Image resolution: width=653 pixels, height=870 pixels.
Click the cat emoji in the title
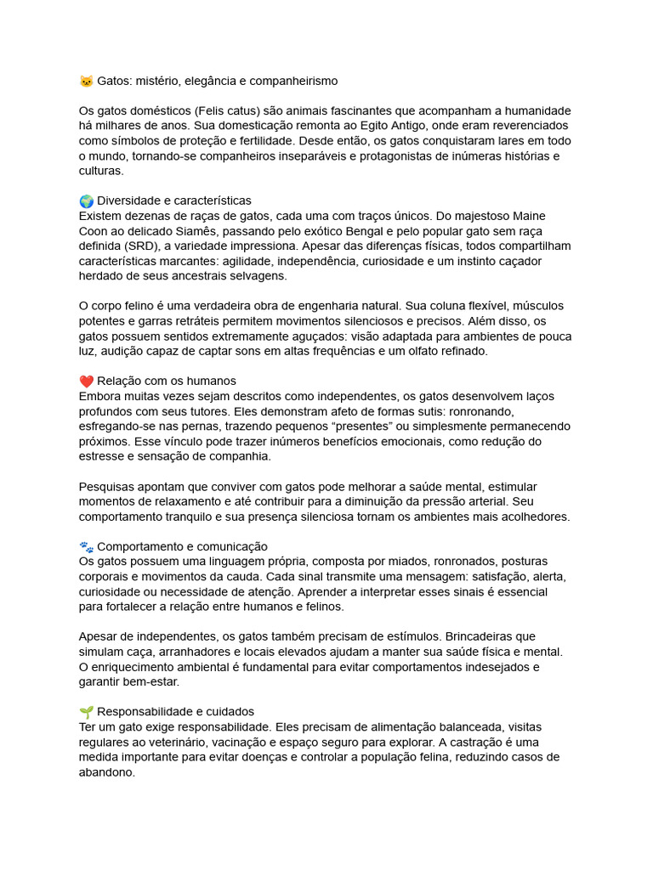(x=86, y=81)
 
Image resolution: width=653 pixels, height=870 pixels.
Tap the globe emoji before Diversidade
(x=86, y=201)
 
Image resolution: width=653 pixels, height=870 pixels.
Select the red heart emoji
(x=86, y=381)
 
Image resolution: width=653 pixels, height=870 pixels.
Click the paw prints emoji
(x=86, y=546)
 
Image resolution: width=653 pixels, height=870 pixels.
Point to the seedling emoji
(x=86, y=711)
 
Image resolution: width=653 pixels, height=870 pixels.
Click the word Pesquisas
(x=108, y=486)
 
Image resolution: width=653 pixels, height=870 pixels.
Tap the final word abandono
(x=106, y=772)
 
